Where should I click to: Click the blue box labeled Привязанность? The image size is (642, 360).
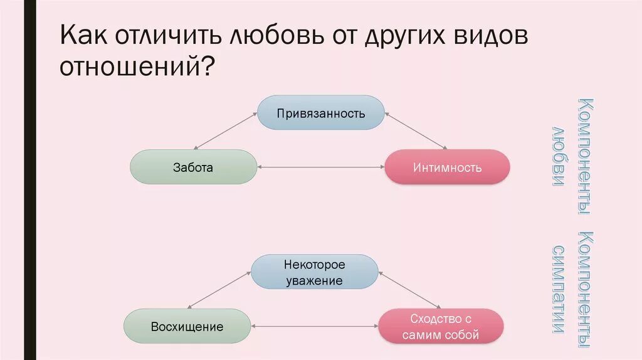pyautogui.click(x=321, y=113)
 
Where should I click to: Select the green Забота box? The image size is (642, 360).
pyautogui.click(x=193, y=167)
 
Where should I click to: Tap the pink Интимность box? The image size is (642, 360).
pyautogui.click(x=447, y=167)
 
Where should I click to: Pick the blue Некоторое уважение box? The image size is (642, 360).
pyautogui.click(x=315, y=273)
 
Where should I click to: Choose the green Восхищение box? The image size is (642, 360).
pyautogui.click(x=187, y=326)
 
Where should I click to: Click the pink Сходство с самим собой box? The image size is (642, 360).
pyautogui.click(x=441, y=326)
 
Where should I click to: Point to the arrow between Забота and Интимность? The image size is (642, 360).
pyautogui.click(x=320, y=167)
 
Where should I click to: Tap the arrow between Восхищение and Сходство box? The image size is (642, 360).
pyautogui.click(x=314, y=327)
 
